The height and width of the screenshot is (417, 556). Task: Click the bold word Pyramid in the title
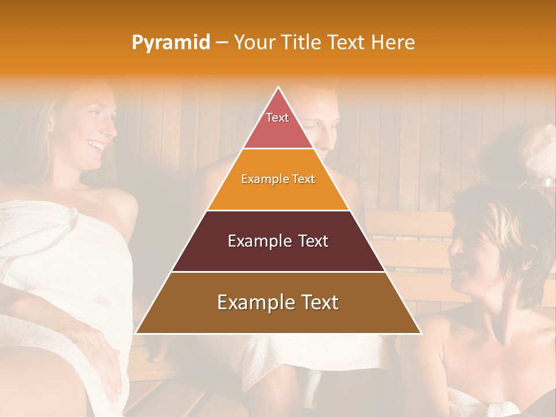click(170, 43)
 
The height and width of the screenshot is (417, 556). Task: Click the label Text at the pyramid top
click(277, 118)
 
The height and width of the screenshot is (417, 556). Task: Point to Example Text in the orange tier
click(278, 179)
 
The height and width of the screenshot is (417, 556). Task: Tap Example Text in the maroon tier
click(278, 241)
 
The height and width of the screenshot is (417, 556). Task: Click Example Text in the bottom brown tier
click(278, 302)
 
